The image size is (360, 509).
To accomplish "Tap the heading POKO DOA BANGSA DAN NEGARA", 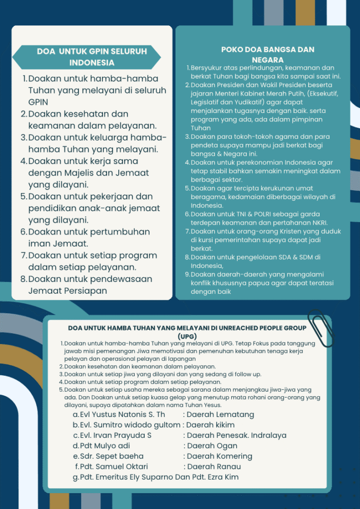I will pos(268,54).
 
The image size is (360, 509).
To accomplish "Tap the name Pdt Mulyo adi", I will pos(105,446).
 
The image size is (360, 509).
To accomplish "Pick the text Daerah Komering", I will pos(219,456).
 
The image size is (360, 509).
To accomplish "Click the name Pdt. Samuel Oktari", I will pos(114,467).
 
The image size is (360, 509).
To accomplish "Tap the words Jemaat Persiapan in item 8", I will pos(68,291).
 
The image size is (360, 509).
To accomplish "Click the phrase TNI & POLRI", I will pos(237,214).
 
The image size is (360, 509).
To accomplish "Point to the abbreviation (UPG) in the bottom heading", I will pos(187,336).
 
